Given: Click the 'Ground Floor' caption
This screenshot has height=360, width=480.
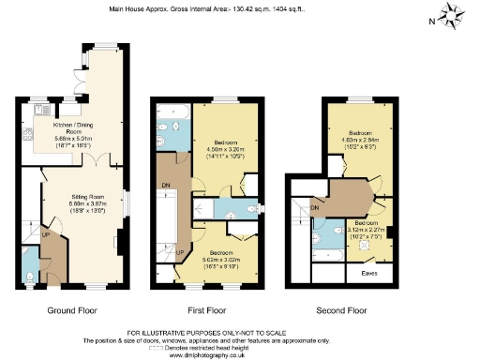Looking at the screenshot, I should (71, 310).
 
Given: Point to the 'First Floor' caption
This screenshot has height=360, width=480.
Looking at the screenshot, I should (209, 310).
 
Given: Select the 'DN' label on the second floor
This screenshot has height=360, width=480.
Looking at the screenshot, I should (316, 206).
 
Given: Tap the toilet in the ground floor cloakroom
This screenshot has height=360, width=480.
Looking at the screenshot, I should (32, 277).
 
